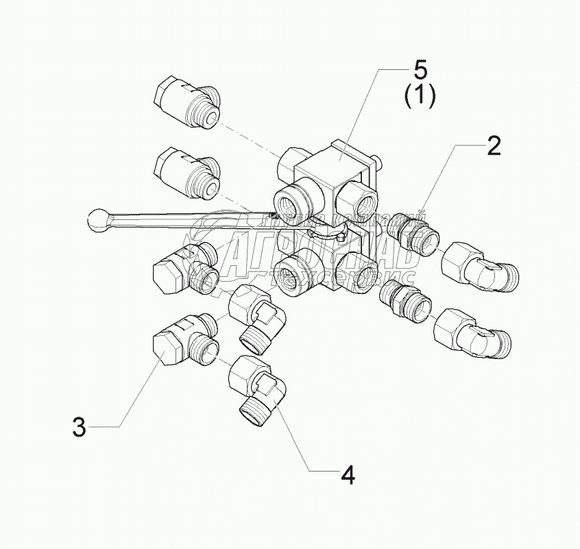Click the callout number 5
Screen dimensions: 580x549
[419, 71]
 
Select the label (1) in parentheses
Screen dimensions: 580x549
[419, 97]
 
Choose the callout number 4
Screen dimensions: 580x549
[348, 474]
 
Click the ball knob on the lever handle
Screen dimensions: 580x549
[97, 219]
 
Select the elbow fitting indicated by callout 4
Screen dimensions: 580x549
[260, 387]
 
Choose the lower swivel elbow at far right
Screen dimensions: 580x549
[472, 331]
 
